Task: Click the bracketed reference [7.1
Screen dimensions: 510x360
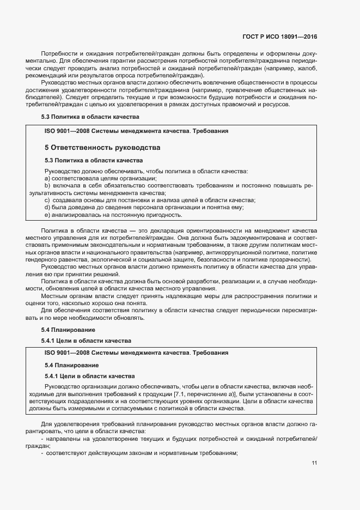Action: [x=180, y=393]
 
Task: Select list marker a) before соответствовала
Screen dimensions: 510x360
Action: [x=47, y=179]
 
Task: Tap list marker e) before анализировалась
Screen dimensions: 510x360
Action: [x=47, y=214]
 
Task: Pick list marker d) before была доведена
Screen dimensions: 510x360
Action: [x=47, y=207]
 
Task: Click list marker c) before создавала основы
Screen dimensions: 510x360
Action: [x=47, y=200]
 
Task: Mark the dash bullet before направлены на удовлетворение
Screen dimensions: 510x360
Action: [x=42, y=438]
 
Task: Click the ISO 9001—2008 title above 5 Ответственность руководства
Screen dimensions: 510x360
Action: [x=136, y=131]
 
